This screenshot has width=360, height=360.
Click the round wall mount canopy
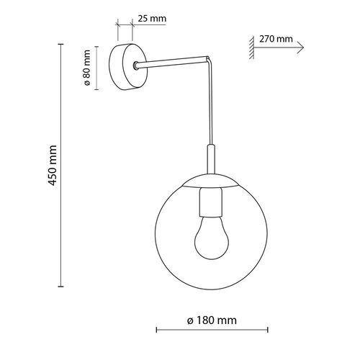[x=123, y=67]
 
